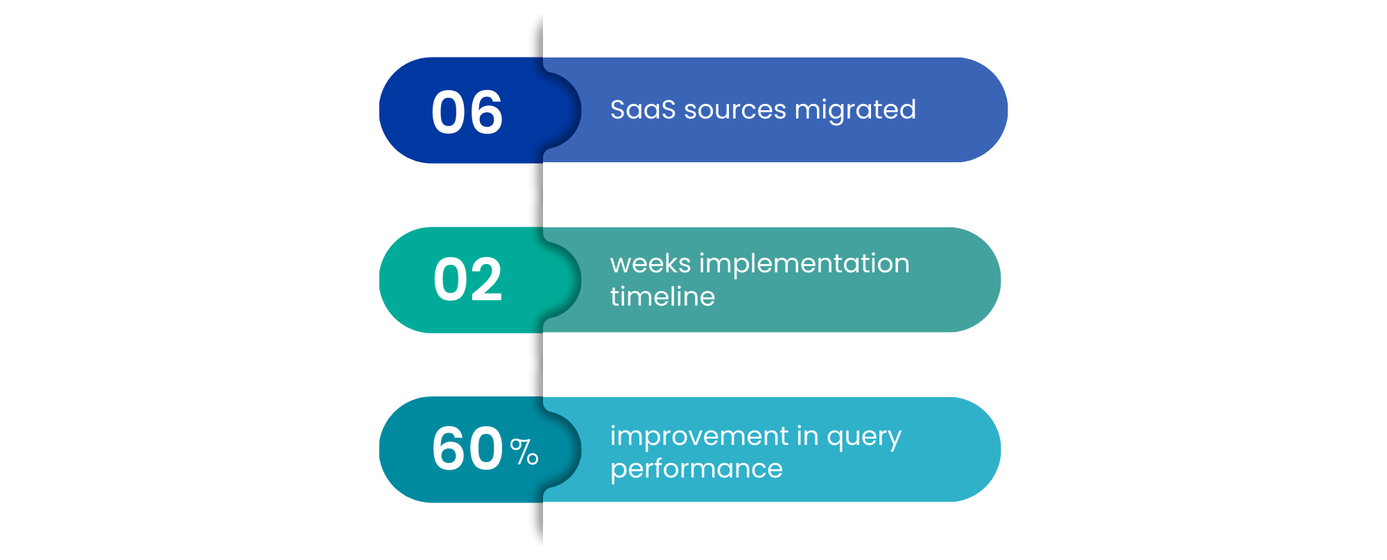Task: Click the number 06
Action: click(467, 112)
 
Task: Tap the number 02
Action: click(467, 280)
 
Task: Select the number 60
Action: click(467, 449)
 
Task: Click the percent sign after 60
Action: click(524, 453)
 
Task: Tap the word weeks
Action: click(651, 263)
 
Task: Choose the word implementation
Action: click(804, 265)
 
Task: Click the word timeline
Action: click(662, 297)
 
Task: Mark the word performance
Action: click(696, 469)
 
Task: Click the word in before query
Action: click(807, 436)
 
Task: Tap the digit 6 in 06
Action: click(485, 112)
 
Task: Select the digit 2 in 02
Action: click(485, 280)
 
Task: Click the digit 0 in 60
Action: click(485, 449)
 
